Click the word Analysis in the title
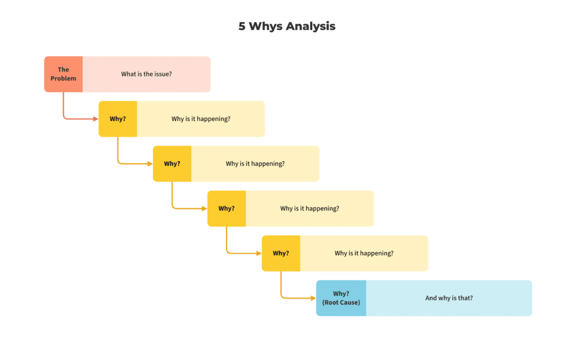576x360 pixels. pyautogui.click(x=310, y=26)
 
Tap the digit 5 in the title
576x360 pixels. pyautogui.click(x=242, y=26)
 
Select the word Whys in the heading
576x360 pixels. pyautogui.click(x=265, y=26)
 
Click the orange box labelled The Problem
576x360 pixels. pyautogui.click(x=64, y=74)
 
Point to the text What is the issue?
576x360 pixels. pyautogui.click(x=146, y=74)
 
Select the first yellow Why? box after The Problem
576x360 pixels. pyautogui.click(x=118, y=119)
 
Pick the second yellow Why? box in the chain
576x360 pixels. pyautogui.click(x=172, y=164)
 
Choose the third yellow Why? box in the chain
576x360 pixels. pyautogui.click(x=227, y=208)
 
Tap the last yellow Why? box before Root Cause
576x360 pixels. pyautogui.click(x=281, y=253)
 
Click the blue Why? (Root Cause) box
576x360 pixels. pyautogui.click(x=341, y=298)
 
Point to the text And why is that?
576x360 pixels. pyautogui.click(x=449, y=298)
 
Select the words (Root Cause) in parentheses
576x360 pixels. pyautogui.click(x=341, y=303)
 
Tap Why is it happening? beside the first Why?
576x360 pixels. pyautogui.click(x=201, y=119)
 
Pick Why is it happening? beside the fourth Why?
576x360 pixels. pyautogui.click(x=364, y=253)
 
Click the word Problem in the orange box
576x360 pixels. pyautogui.click(x=64, y=78)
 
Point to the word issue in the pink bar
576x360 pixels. pyautogui.click(x=161, y=74)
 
